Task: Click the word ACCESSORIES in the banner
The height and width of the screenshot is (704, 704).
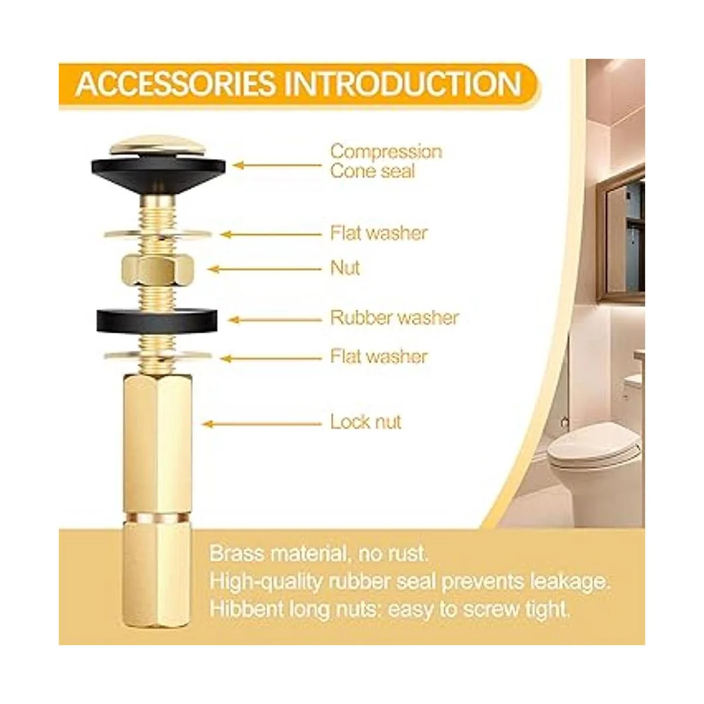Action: (175, 84)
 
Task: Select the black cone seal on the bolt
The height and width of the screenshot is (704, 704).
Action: (158, 172)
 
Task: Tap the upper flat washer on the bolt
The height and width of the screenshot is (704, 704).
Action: (158, 233)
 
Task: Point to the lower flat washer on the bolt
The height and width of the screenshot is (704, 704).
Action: (158, 356)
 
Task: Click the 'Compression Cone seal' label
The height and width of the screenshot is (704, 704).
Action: (386, 161)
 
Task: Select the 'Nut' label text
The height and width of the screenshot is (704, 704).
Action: (345, 268)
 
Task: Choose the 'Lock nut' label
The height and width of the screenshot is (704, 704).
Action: (365, 422)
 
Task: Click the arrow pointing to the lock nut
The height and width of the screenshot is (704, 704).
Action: (262, 424)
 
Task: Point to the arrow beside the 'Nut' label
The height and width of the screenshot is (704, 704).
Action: (265, 269)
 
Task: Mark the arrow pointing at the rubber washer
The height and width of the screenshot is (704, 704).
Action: (275, 320)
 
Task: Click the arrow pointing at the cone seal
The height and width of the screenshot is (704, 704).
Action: (277, 165)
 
